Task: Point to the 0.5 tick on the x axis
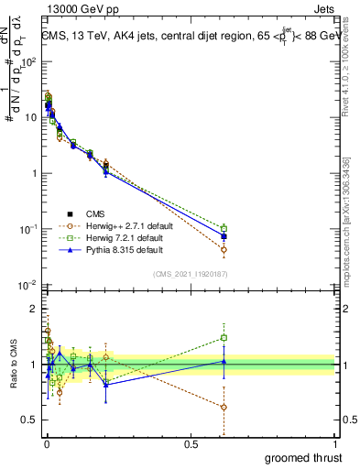point(191,443)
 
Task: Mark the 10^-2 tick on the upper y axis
point(27,286)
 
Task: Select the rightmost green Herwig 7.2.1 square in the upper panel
point(224,228)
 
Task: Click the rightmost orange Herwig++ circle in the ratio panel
point(224,407)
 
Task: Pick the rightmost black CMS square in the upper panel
point(224,236)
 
